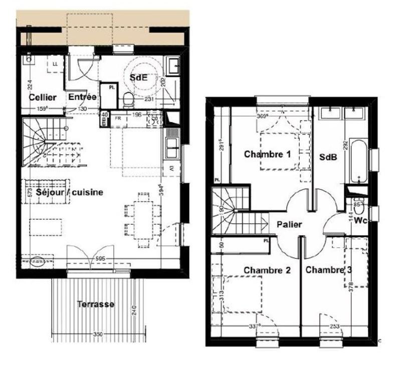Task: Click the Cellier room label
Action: click(42, 97)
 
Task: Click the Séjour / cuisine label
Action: click(70, 192)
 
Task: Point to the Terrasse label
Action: click(95, 304)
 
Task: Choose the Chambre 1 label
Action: click(267, 154)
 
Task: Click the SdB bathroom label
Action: click(328, 157)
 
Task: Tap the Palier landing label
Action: click(289, 224)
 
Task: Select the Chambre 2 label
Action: click(267, 270)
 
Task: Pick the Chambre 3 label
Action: click(328, 270)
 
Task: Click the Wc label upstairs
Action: click(359, 220)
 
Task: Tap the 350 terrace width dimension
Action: click(98, 333)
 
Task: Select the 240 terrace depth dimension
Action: click(134, 310)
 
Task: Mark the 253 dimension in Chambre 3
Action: click(334, 327)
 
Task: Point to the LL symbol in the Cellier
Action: click(55, 64)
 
